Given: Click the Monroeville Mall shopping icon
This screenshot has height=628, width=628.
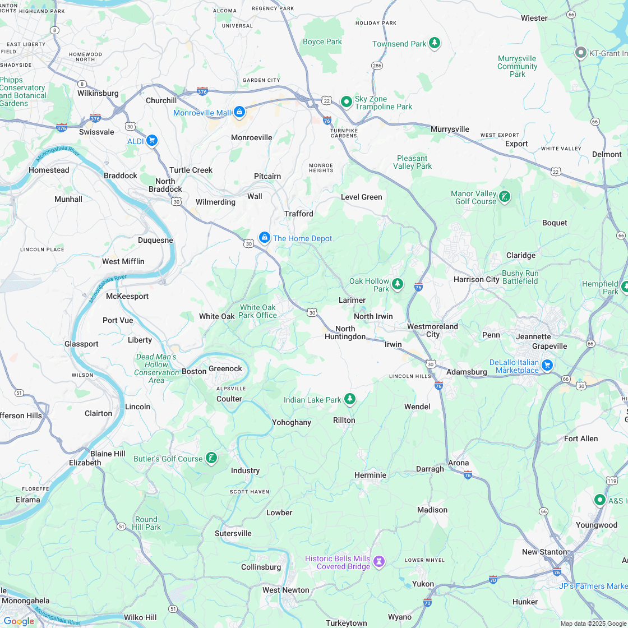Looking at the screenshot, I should [239, 112].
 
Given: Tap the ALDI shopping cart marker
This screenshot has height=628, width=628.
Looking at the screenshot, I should [151, 141].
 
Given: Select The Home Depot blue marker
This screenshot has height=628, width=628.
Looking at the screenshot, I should [264, 238].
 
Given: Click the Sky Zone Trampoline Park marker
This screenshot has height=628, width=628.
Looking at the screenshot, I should [347, 102].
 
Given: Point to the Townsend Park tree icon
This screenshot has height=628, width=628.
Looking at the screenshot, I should [435, 43].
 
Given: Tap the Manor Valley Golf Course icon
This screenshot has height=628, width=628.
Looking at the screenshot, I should [505, 197].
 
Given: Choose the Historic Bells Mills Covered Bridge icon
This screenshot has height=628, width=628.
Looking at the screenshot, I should [380, 562].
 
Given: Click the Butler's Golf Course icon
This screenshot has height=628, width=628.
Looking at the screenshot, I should [211, 459].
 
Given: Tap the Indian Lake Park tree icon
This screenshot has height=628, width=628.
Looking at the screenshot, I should [350, 399].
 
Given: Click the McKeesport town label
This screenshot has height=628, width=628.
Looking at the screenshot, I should [127, 296].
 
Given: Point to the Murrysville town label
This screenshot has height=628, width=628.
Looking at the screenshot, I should [450, 129].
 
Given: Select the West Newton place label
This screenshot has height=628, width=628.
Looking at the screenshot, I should [286, 590].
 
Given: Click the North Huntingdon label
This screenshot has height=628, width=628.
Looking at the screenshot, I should [345, 333].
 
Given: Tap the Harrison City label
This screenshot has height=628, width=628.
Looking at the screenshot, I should [476, 279].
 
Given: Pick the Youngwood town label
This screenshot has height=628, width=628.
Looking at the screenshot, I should [596, 525].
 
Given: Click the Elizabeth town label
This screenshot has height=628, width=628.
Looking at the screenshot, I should [85, 463].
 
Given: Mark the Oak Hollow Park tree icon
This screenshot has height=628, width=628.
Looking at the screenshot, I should [398, 284].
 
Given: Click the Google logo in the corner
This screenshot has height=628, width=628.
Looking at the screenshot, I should [18, 621].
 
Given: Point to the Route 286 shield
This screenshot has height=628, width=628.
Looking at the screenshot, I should [377, 66].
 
